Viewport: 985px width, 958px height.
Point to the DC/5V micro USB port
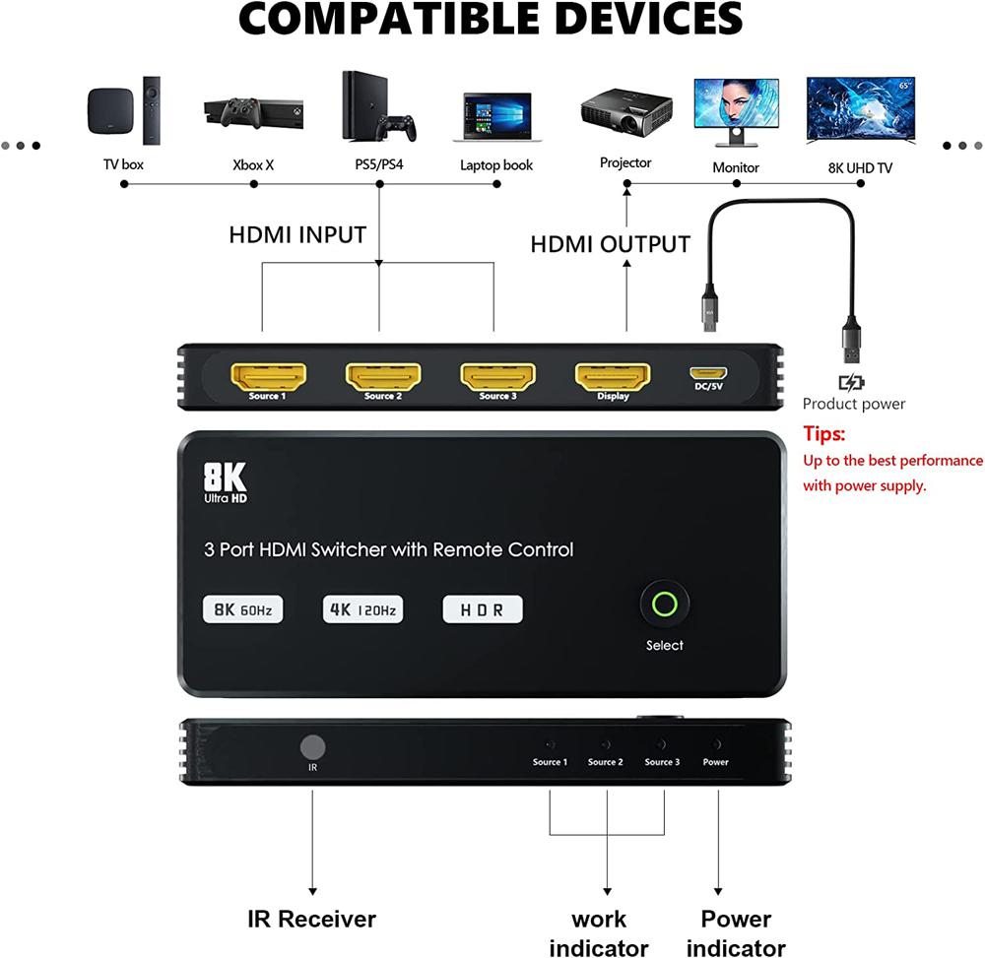click(708, 373)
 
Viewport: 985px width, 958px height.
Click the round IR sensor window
click(313, 746)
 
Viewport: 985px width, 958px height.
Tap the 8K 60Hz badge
click(242, 609)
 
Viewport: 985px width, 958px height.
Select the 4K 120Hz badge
click(362, 609)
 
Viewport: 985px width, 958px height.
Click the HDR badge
click(483, 609)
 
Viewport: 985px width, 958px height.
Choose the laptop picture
click(496, 117)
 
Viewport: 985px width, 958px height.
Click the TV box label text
click(124, 164)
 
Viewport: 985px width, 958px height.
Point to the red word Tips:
click(824, 433)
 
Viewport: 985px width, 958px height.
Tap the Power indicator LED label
click(716, 762)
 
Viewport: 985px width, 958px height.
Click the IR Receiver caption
click(311, 920)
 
